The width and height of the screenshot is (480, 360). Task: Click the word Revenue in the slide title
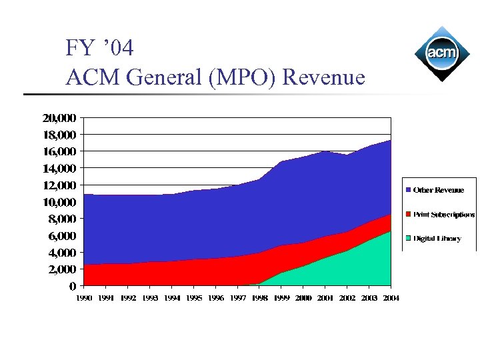(x=323, y=77)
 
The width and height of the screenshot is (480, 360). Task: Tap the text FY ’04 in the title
(x=99, y=48)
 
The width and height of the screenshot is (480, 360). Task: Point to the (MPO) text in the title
(x=244, y=77)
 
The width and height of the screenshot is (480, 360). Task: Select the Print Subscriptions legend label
(x=444, y=215)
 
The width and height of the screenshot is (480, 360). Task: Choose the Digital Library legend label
(x=437, y=238)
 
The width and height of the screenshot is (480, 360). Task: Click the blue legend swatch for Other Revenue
(x=408, y=191)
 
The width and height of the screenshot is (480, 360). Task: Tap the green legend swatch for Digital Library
(x=408, y=238)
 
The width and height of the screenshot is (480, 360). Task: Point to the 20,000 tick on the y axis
(x=59, y=118)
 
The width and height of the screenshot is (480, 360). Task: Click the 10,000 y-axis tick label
(x=59, y=202)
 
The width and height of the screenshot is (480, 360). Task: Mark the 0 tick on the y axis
(x=72, y=287)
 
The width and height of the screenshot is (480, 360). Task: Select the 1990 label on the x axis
(x=84, y=298)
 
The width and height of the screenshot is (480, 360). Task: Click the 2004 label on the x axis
(x=390, y=298)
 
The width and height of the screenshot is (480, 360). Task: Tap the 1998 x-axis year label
(x=259, y=298)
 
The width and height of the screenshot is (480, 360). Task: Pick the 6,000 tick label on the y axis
(x=62, y=236)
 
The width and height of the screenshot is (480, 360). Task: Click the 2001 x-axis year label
(x=325, y=298)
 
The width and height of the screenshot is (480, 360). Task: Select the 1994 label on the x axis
(x=172, y=298)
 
